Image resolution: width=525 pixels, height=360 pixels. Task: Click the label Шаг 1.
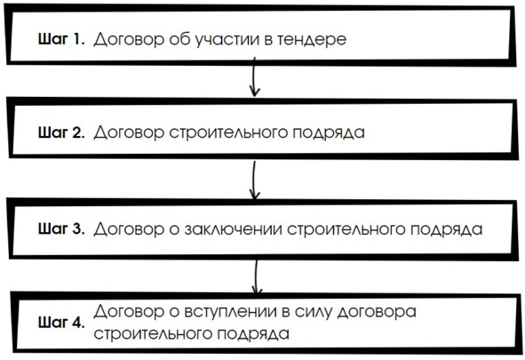pos(61,39)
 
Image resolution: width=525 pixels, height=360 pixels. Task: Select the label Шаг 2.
pos(61,132)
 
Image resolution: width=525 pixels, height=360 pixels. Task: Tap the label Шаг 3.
pos(61,228)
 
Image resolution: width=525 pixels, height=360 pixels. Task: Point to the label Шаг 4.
pos(61,322)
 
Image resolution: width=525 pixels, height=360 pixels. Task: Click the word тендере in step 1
pos(312,39)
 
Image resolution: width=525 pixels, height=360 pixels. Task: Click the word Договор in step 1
pos(129,40)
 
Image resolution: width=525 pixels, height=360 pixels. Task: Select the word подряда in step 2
pos(329,133)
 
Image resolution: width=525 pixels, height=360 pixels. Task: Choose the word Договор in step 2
pos(129,133)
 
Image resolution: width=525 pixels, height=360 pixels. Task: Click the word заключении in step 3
pos(233,229)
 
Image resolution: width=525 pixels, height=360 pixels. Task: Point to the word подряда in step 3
pos(446,230)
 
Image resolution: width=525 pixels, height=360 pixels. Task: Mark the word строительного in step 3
pos(346,229)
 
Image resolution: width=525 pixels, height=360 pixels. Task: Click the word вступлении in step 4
pos(231,312)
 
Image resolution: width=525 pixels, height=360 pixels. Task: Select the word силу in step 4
pos(314,313)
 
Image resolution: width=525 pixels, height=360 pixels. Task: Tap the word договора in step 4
pos(377,313)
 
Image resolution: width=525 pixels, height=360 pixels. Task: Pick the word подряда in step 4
pos(253,334)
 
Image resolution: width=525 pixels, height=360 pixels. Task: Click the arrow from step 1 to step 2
pos(254,77)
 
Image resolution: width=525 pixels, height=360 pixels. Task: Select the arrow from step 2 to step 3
pos(254,180)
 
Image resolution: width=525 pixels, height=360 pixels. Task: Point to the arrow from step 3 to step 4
pos(256,277)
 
